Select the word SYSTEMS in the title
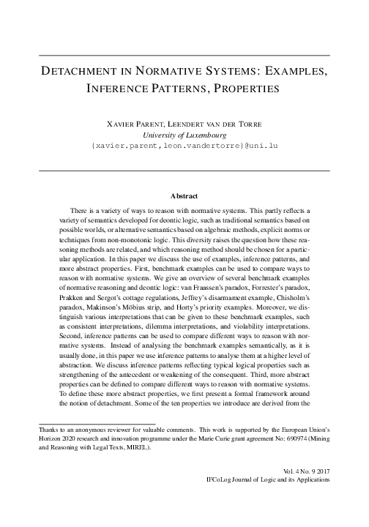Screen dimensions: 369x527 223,73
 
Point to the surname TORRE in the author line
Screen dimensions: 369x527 247,125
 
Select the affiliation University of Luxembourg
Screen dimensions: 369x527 184,135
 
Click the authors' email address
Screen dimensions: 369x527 184,146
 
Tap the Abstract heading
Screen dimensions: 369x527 184,196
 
